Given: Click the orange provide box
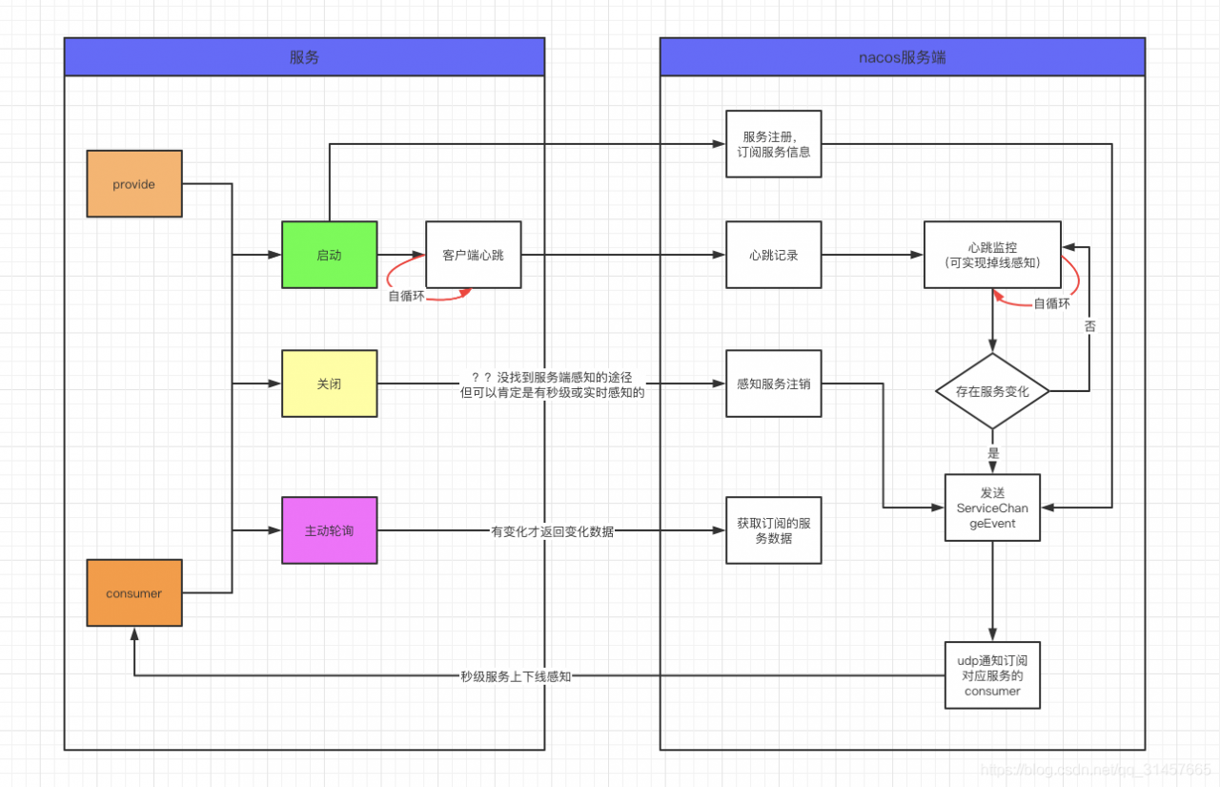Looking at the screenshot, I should tap(133, 184).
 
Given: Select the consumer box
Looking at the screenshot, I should tap(133, 593).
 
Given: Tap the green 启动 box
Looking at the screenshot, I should tap(329, 255).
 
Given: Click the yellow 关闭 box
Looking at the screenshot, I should tap(329, 383).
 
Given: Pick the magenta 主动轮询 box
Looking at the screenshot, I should tap(329, 530).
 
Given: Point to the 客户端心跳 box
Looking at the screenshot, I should tap(473, 255).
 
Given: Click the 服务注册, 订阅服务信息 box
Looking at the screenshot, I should tap(773, 144).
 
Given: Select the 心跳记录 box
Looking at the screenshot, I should tap(773, 255).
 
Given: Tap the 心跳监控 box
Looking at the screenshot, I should tap(991, 255).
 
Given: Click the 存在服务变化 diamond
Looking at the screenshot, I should tap(992, 391).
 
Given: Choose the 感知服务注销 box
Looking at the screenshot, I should tap(773, 383).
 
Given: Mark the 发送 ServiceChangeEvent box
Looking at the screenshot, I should tap(992, 507).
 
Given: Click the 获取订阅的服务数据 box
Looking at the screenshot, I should tap(773, 530).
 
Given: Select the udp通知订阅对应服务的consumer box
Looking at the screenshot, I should tap(992, 674).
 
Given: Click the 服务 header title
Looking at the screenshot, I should tap(304, 57).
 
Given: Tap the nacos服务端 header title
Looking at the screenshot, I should tap(902, 57).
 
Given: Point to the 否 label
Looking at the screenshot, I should tap(1089, 325).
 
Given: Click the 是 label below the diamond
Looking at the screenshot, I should tap(993, 454).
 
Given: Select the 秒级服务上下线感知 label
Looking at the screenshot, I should tap(515, 676).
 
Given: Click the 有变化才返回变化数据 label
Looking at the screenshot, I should tap(552, 531).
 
